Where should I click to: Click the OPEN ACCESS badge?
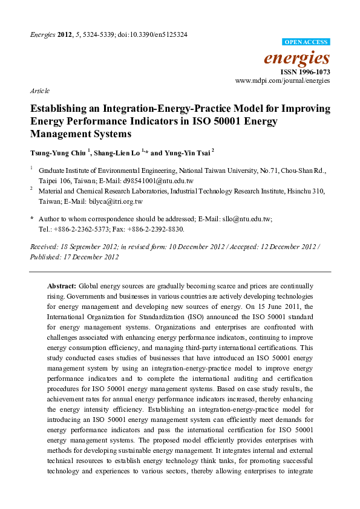(x=306, y=42)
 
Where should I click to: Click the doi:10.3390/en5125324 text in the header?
(x=157, y=34)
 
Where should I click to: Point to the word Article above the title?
(x=39, y=90)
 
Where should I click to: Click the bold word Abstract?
(x=62, y=285)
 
